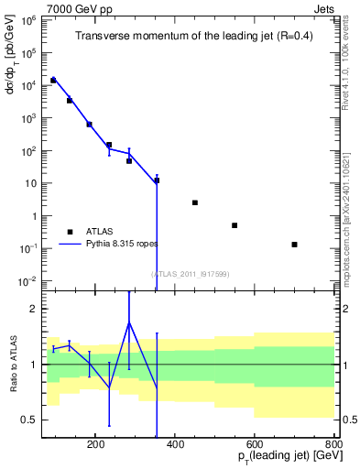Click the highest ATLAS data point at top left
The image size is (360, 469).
click(53, 81)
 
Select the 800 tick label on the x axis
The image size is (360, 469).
click(333, 443)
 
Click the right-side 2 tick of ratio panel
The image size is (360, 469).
click(344, 309)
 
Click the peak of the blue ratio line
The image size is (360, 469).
click(129, 322)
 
